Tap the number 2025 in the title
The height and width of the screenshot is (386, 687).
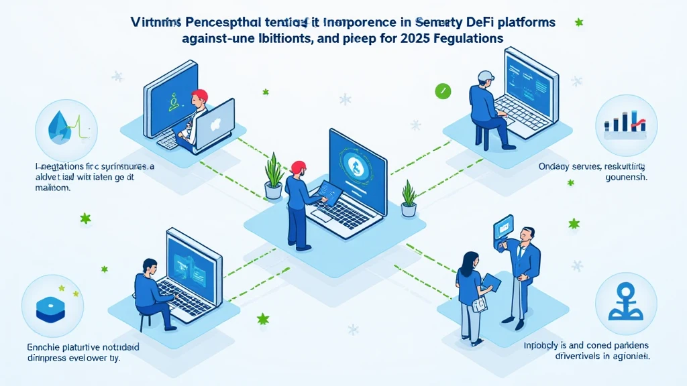[413, 39]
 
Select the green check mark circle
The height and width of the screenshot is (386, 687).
[442, 90]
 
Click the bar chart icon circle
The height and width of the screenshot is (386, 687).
[625, 125]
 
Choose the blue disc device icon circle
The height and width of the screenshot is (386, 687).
[54, 307]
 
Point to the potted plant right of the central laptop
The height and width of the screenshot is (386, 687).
[409, 198]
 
